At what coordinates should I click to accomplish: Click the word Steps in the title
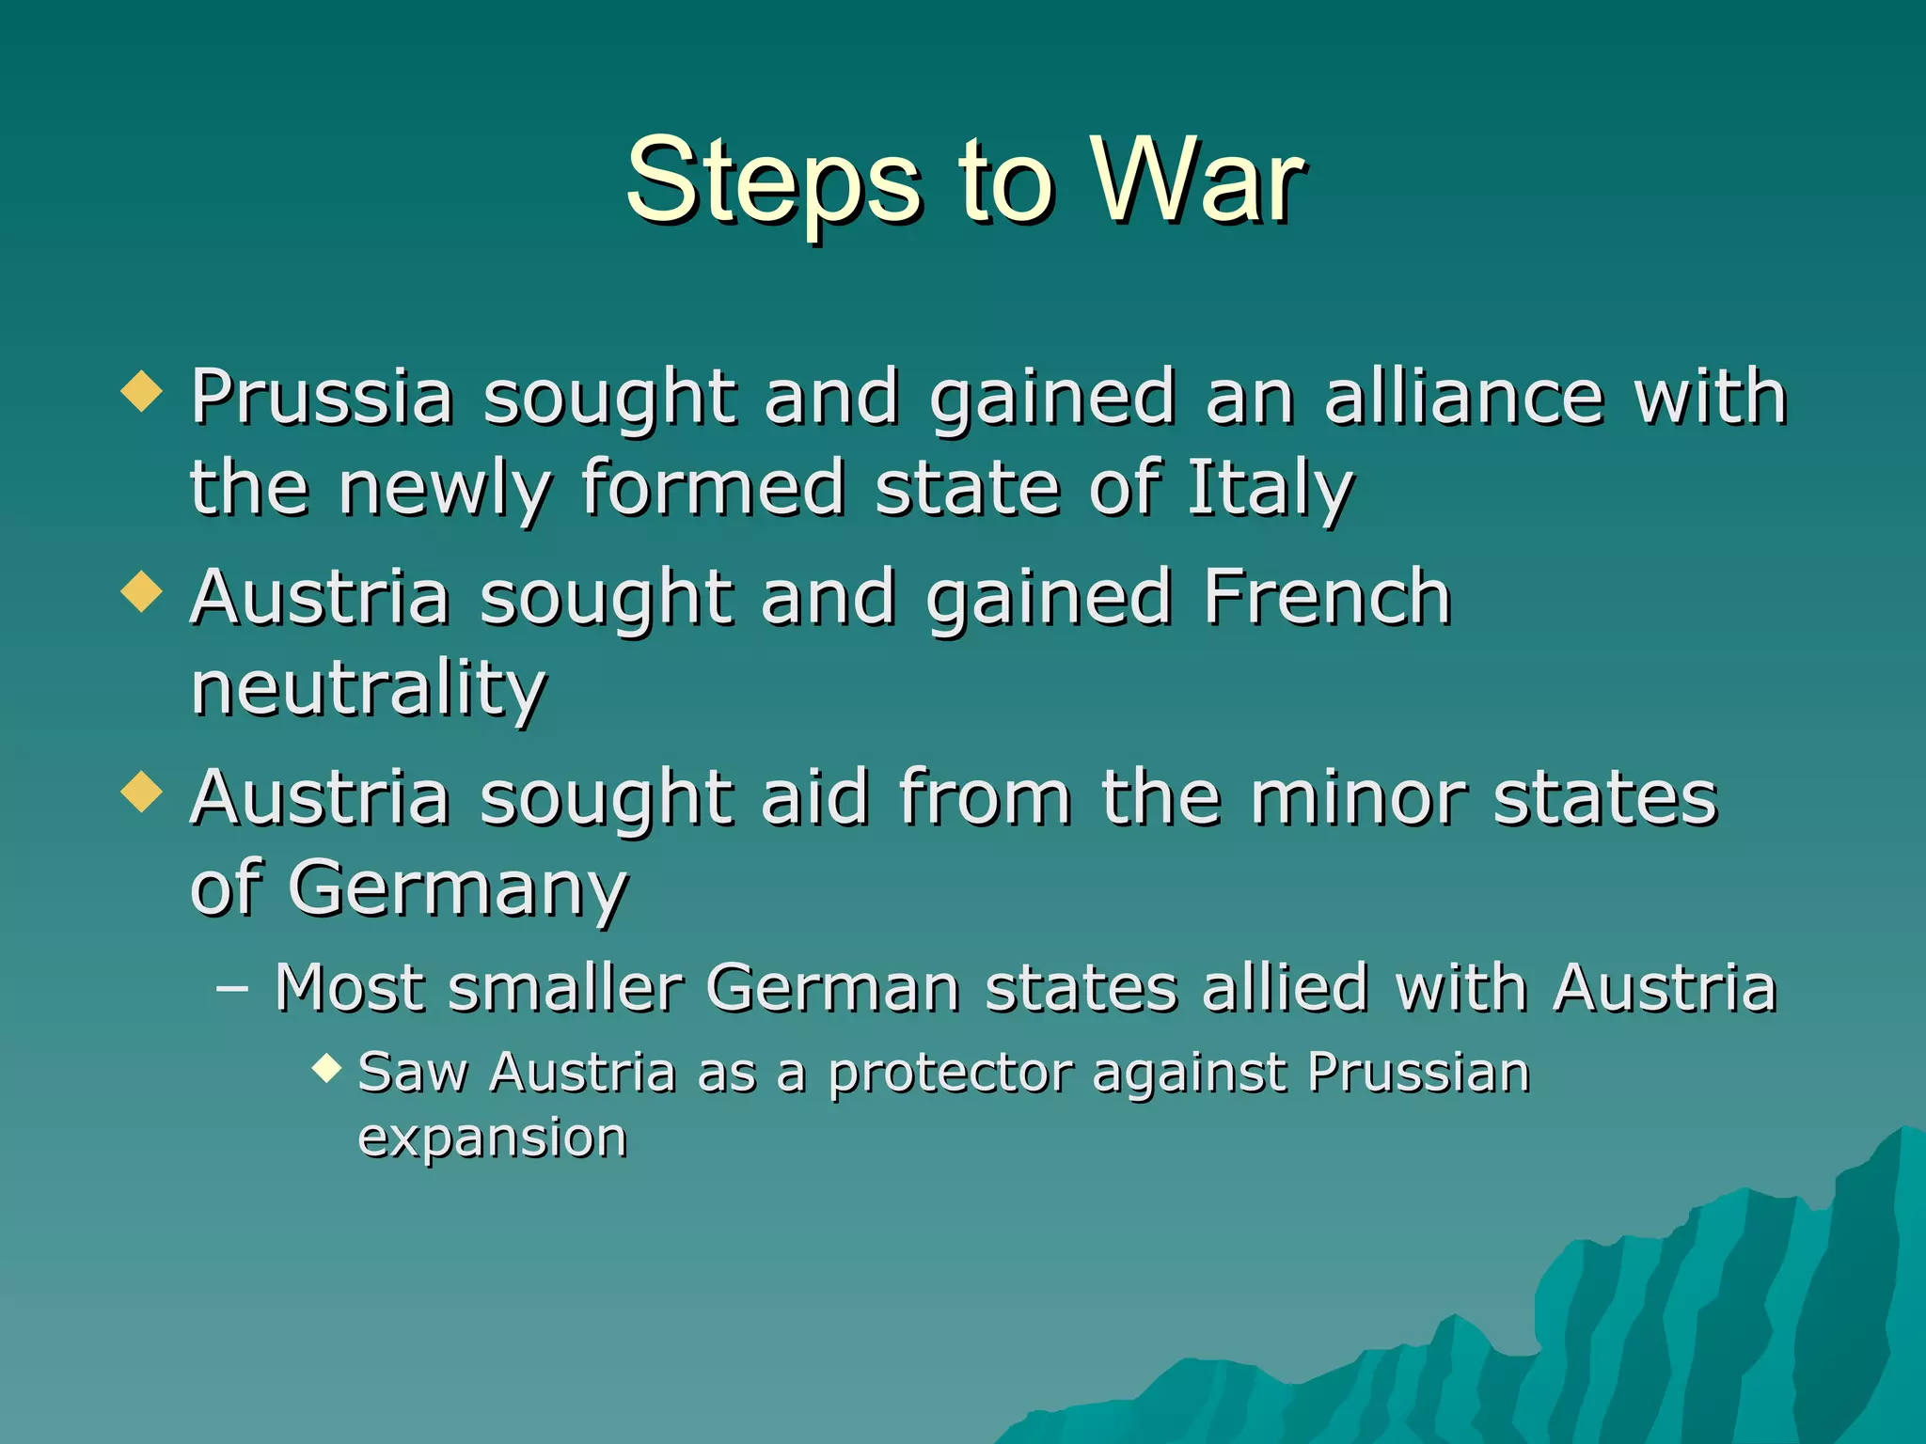tap(773, 180)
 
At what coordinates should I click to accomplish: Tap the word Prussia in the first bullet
tap(323, 397)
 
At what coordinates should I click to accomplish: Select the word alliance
tap(1463, 397)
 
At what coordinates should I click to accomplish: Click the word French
tap(1327, 597)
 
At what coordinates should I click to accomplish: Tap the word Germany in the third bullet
tap(457, 888)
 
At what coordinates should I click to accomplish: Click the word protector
tap(950, 1074)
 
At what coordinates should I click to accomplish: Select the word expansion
tap(492, 1138)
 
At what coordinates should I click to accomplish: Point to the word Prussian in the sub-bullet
tap(1418, 1072)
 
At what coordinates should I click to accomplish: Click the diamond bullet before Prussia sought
tap(142, 391)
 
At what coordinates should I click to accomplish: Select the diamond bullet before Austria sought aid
tap(142, 792)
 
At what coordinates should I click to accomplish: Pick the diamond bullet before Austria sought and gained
tap(142, 592)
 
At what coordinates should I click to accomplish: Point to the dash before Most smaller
tap(231, 989)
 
